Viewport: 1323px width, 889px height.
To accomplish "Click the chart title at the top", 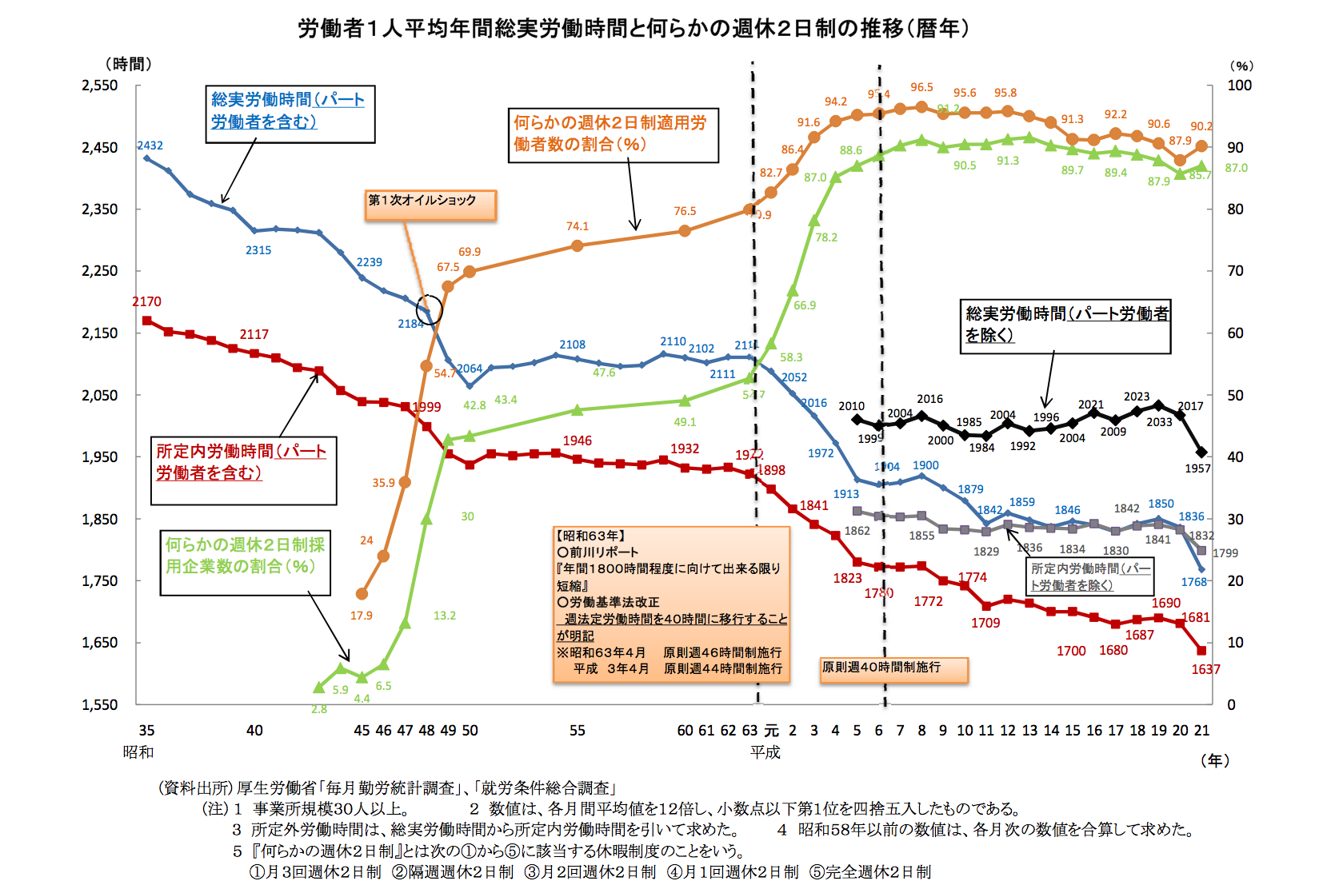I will pyautogui.click(x=634, y=29).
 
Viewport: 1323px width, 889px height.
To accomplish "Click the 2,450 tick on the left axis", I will pyautogui.click(x=99, y=147).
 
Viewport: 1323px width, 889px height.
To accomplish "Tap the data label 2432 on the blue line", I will pyautogui.click(x=150, y=146).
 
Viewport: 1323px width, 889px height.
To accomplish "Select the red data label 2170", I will pyautogui.click(x=146, y=301).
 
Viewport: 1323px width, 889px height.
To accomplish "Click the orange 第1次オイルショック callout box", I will pyautogui.click(x=430, y=204).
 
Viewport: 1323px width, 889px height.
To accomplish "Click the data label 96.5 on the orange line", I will pyautogui.click(x=921, y=87).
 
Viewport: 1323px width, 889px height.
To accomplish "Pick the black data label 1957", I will pyautogui.click(x=1197, y=468).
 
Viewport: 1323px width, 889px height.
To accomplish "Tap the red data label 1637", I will pyautogui.click(x=1205, y=669).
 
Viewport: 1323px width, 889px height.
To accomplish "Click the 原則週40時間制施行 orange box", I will pyautogui.click(x=893, y=669).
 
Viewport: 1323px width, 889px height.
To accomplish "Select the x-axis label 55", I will pyautogui.click(x=577, y=730).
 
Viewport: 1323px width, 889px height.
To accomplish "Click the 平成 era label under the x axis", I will pyautogui.click(x=765, y=751).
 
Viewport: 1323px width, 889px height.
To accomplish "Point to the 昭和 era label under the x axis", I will pyautogui.click(x=138, y=751).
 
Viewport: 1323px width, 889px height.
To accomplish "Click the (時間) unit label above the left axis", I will pyautogui.click(x=128, y=64).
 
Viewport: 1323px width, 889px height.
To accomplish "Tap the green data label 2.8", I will pyautogui.click(x=319, y=709).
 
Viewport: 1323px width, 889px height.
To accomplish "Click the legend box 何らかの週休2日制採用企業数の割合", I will pyautogui.click(x=245, y=563).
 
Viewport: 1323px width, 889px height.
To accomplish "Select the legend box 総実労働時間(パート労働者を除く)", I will pyautogui.click(x=1065, y=325).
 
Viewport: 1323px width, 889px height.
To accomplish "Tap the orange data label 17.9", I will pyautogui.click(x=361, y=616).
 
